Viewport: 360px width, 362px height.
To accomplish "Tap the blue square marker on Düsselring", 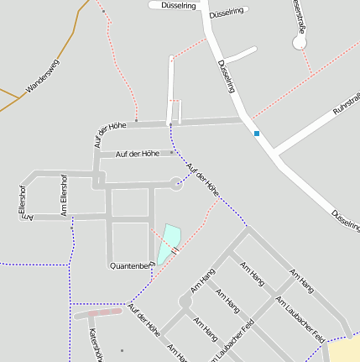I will (x=257, y=133).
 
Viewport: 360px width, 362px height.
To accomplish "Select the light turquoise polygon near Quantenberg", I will (x=168, y=241).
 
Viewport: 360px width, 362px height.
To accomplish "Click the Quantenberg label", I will (x=133, y=265).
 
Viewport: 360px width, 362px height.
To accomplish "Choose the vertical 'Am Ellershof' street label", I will (x=63, y=195).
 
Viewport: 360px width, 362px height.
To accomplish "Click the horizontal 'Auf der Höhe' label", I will (x=138, y=154).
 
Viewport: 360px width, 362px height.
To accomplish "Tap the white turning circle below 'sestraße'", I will (x=300, y=41).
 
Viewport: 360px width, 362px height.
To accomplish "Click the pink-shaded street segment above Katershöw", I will (x=100, y=312).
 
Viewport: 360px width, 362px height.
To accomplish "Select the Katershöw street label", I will (x=95, y=344).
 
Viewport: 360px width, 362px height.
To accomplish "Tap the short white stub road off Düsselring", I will (x=240, y=55).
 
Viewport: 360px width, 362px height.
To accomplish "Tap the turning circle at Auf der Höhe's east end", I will (x=176, y=182).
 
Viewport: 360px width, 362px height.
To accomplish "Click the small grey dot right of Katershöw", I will (x=122, y=350).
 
